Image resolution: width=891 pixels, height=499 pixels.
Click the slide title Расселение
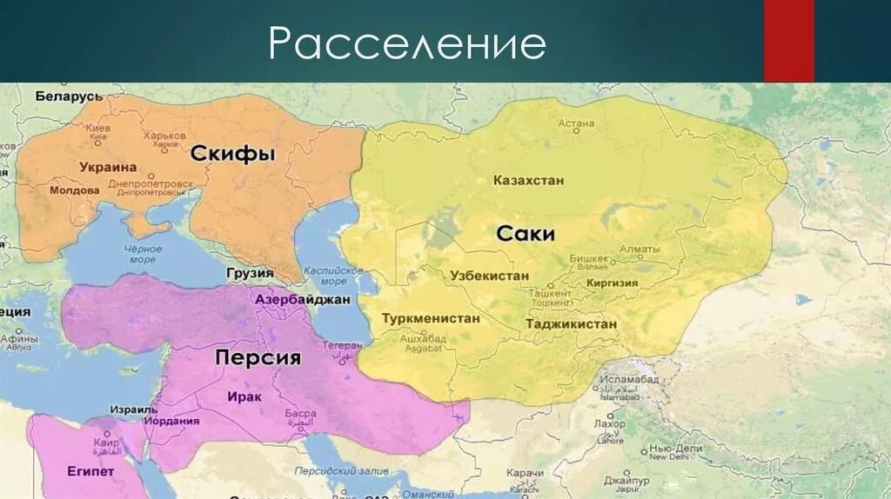tap(406, 43)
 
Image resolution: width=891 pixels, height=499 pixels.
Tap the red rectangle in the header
tap(788, 41)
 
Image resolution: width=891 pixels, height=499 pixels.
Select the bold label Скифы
tap(232, 154)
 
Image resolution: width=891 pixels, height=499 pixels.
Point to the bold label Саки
tap(526, 234)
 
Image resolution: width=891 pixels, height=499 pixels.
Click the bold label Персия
tap(258, 357)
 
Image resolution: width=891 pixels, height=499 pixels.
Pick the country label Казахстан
tap(528, 181)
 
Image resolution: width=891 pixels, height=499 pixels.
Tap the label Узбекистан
tap(490, 275)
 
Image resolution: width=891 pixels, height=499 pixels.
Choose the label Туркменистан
tap(431, 318)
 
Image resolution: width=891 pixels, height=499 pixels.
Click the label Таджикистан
tap(571, 323)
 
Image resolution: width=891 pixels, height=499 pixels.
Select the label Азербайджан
tap(303, 299)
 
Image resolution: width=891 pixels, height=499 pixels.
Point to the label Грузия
tap(250, 273)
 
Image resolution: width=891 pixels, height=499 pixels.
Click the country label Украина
tap(108, 167)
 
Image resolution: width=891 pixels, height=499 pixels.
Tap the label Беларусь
tap(70, 96)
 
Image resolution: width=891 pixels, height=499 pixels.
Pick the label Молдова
tap(74, 190)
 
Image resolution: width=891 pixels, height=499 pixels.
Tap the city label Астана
tap(575, 124)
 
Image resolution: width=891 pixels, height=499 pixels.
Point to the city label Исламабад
tap(626, 379)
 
